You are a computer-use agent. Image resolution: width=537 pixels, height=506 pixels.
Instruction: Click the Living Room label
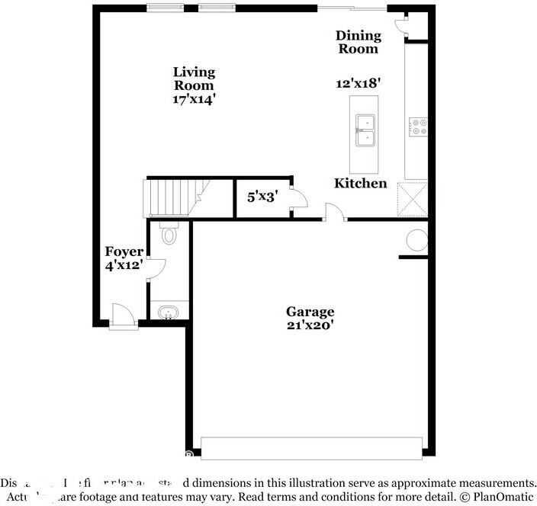195,78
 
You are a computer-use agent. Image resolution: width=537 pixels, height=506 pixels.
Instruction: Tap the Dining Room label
358,42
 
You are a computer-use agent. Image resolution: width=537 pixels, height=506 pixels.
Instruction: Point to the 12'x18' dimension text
358,84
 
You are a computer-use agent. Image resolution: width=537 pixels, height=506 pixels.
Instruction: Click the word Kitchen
361,184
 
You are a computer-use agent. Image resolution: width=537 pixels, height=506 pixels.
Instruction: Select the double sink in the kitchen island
365,130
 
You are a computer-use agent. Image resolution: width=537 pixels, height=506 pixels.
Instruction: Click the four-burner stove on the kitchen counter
417,126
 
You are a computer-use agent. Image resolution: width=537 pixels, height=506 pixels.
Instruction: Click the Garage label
310,312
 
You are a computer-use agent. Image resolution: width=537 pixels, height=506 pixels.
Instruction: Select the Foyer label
124,252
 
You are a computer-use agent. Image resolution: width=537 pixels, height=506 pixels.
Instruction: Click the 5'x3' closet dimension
262,197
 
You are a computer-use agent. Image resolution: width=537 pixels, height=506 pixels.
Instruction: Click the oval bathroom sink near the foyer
169,312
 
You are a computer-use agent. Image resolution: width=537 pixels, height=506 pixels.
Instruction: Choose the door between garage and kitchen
336,213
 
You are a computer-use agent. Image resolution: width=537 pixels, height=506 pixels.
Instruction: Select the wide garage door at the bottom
311,448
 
